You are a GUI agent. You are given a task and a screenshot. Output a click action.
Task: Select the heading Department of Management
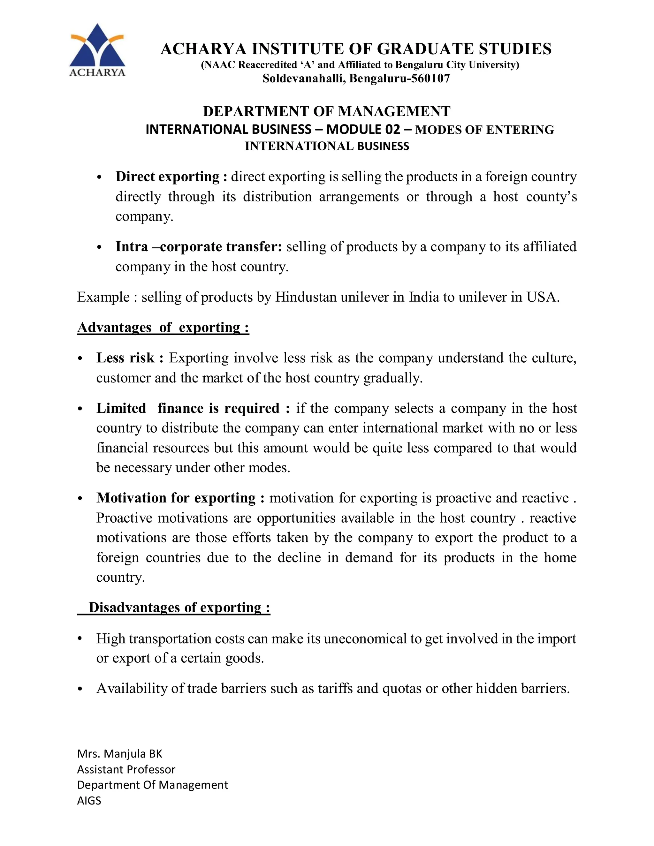[327, 111]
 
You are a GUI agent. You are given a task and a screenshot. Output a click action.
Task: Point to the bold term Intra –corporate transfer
[199, 247]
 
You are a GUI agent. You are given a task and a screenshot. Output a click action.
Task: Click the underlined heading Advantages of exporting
[163, 327]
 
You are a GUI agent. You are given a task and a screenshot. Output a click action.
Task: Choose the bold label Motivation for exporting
[176, 498]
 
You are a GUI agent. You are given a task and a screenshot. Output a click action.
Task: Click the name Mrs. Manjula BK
[119, 753]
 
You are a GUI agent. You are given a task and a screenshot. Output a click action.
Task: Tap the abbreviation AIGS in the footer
[89, 801]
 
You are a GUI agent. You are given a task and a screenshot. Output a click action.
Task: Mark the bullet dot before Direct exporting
[99, 178]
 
